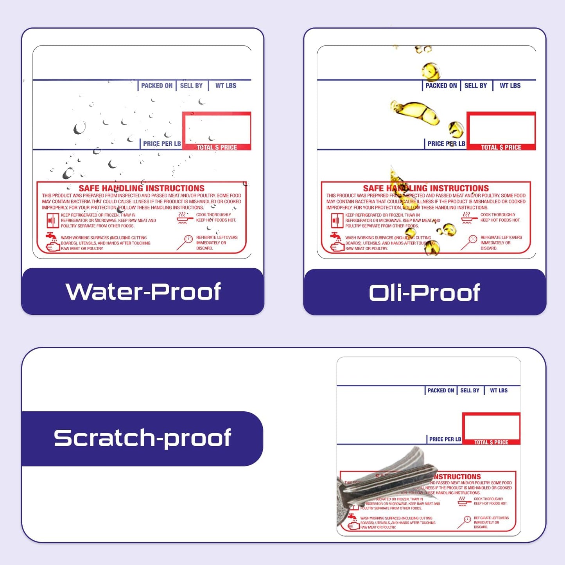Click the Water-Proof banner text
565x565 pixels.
pos(143,292)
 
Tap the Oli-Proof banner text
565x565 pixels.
pos(424,293)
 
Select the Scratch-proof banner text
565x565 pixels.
pos(142,438)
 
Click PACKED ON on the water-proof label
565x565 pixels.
pos(156,86)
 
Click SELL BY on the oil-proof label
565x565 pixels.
pos(475,86)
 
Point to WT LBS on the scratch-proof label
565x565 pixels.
pos(499,390)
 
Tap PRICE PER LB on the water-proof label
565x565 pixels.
pos(161,143)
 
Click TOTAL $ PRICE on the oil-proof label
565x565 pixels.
pos(501,147)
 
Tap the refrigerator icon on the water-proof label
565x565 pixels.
pos(52,221)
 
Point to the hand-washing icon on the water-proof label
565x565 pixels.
pos(52,242)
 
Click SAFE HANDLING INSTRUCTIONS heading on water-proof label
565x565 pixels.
pos(142,188)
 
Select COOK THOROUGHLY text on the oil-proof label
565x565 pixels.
pos(498,215)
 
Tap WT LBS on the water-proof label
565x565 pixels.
pos(226,86)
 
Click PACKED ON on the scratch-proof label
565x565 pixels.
pos(441,390)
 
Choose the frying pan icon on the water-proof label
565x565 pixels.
pos(185,217)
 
